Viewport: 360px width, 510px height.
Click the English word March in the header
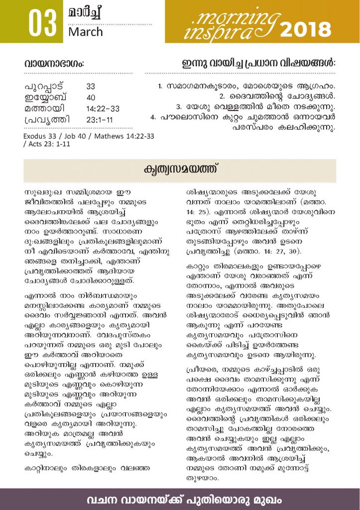tap(86, 32)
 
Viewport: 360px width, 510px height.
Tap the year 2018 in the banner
tap(305, 29)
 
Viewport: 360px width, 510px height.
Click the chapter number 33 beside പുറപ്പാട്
tap(91, 86)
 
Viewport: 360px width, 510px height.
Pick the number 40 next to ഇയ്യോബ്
tap(91, 97)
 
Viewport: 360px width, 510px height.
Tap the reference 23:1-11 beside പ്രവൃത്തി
tap(100, 120)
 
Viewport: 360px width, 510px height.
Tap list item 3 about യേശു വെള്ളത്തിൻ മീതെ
tap(255, 107)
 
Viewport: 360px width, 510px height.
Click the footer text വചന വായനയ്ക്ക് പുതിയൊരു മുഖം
tap(180, 499)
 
